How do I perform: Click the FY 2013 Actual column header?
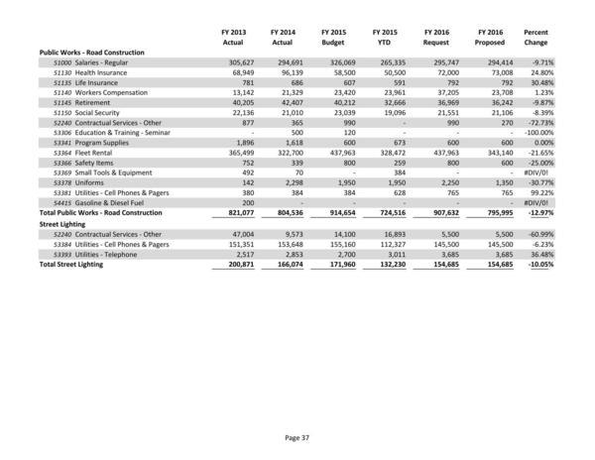click(231, 39)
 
